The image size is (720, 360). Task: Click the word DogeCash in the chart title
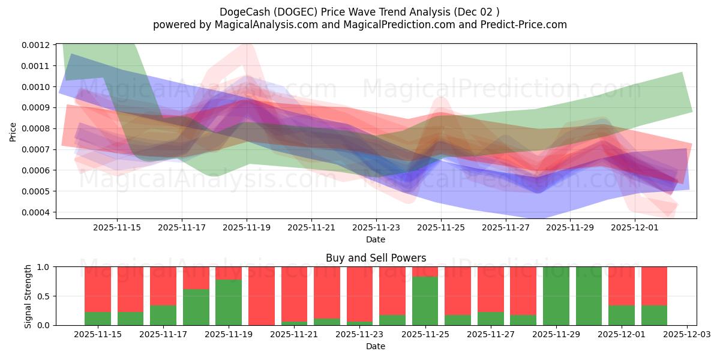(x=244, y=11)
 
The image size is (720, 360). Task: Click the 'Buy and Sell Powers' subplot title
(x=376, y=258)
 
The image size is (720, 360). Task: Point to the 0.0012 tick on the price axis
(x=37, y=45)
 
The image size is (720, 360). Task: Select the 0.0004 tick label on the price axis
(x=37, y=212)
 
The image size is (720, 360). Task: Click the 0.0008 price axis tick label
(x=37, y=128)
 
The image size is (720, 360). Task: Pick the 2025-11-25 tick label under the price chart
(x=441, y=227)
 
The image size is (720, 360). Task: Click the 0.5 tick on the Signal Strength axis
(x=43, y=296)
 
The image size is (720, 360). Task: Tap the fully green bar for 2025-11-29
(x=556, y=296)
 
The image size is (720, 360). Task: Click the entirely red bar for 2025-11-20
(x=262, y=296)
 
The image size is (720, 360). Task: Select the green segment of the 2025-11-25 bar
(x=425, y=301)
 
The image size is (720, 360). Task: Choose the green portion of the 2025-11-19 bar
(x=229, y=302)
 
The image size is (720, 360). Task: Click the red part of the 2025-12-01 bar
(x=622, y=286)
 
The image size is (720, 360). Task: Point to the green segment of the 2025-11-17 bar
(x=163, y=315)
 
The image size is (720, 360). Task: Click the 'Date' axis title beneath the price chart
(x=376, y=239)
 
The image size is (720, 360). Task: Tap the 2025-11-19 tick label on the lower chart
(x=229, y=335)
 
